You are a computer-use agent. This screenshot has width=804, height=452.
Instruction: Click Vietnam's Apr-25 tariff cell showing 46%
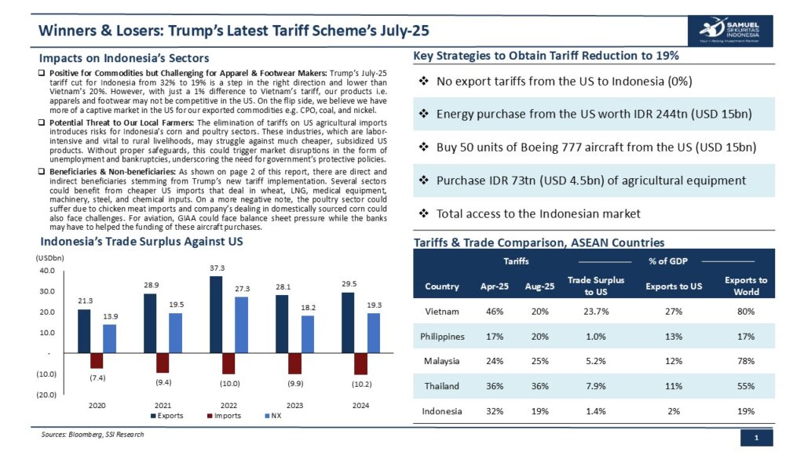pos(494,312)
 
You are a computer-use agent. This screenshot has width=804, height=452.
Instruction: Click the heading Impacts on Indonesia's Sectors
pos(124,58)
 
